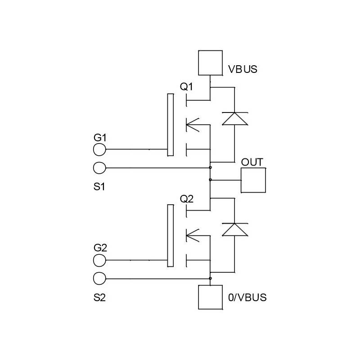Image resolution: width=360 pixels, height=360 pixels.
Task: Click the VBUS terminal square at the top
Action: [210, 63]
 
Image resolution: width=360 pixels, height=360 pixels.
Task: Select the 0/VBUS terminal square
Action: [210, 297]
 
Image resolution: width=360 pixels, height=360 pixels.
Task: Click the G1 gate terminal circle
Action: [99, 149]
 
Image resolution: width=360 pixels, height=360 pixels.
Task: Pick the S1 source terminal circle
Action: [99, 168]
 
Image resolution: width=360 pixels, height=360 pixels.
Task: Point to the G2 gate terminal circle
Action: [99, 260]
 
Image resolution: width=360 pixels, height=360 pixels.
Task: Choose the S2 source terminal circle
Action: [99, 279]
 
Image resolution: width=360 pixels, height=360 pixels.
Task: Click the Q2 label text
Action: [187, 198]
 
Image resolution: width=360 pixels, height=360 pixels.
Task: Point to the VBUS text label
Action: [243, 70]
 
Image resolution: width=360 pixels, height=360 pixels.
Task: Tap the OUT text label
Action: [252, 162]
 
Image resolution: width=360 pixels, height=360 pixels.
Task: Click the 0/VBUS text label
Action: [247, 297]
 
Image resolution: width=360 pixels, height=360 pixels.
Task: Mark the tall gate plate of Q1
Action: [170, 125]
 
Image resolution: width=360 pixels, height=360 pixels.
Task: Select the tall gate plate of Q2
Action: [170, 235]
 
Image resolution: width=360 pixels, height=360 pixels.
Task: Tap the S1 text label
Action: [99, 186]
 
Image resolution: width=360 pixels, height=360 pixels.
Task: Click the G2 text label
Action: [100, 248]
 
